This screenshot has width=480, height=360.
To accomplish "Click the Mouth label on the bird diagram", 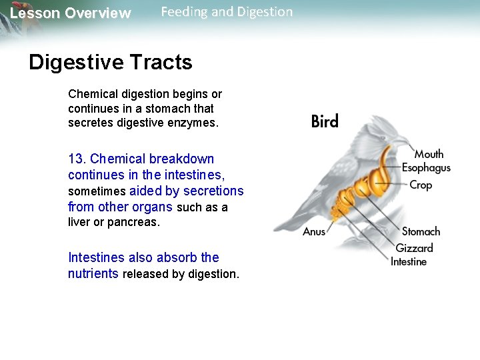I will pyautogui.click(x=429, y=155).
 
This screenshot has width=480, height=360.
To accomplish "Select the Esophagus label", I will pyautogui.click(x=426, y=169).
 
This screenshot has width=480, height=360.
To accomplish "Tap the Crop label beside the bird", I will pyautogui.click(x=421, y=185).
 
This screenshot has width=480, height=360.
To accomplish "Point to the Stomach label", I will pyautogui.click(x=421, y=232).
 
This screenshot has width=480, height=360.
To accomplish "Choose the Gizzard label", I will pyautogui.click(x=414, y=248).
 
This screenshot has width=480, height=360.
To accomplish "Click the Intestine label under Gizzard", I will pyautogui.click(x=409, y=262).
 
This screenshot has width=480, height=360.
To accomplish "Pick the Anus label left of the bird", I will pyautogui.click(x=314, y=232).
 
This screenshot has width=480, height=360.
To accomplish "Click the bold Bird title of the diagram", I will pyautogui.click(x=325, y=121).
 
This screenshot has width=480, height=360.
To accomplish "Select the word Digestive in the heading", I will pyautogui.click(x=77, y=63).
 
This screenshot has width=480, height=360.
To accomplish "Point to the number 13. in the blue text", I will pyautogui.click(x=77, y=159).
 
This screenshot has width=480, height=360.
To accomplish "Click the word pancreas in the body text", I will pyautogui.click(x=137, y=223).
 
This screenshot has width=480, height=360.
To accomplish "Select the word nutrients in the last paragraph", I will pyautogui.click(x=93, y=274).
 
